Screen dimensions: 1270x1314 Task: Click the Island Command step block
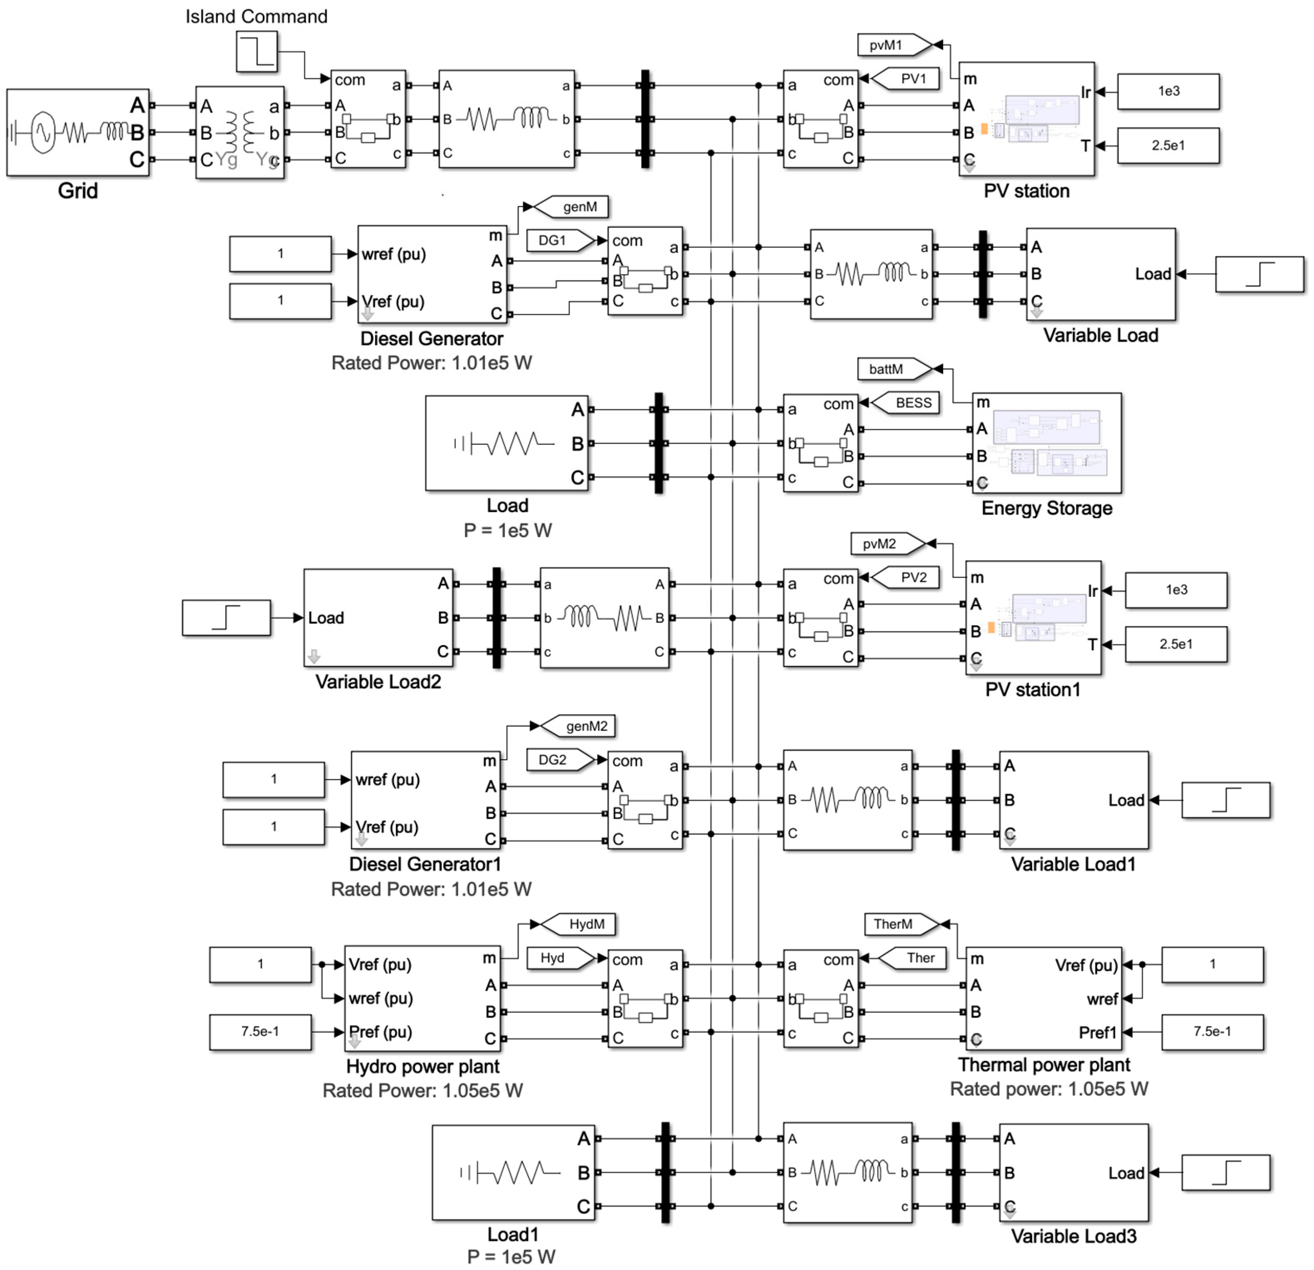click(256, 52)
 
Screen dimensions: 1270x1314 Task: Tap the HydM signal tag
click(581, 924)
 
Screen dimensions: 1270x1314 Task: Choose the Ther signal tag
click(915, 958)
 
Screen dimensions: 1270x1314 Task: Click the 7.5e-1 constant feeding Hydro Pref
click(260, 1031)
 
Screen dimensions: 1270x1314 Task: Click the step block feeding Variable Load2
click(226, 617)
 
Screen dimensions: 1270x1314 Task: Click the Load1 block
click(513, 1172)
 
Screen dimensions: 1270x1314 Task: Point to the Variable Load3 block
click(1073, 1172)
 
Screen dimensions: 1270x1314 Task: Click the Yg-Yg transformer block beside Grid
click(240, 132)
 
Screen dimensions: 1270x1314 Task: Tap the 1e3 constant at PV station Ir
click(1168, 91)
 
